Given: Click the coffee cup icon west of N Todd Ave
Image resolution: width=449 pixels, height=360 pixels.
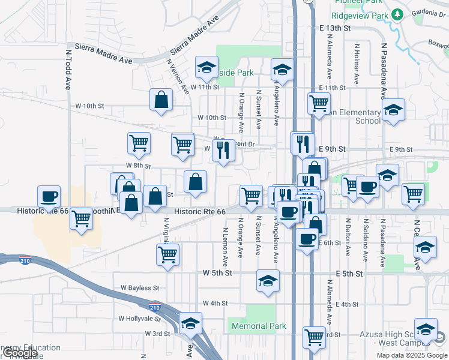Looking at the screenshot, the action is click(x=49, y=196).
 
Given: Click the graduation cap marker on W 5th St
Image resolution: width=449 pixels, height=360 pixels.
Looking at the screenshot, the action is click(x=268, y=280).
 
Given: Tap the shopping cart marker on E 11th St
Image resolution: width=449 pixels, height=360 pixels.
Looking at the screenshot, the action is click(x=319, y=103).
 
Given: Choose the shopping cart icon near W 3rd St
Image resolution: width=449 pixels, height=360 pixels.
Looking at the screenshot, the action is click(x=314, y=337).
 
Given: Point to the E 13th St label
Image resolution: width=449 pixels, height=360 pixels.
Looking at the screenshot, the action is click(x=334, y=28).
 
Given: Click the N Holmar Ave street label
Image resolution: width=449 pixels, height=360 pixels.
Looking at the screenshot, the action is click(x=357, y=63).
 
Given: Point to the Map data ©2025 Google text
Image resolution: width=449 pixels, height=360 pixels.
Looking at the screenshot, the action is click(x=412, y=355).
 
